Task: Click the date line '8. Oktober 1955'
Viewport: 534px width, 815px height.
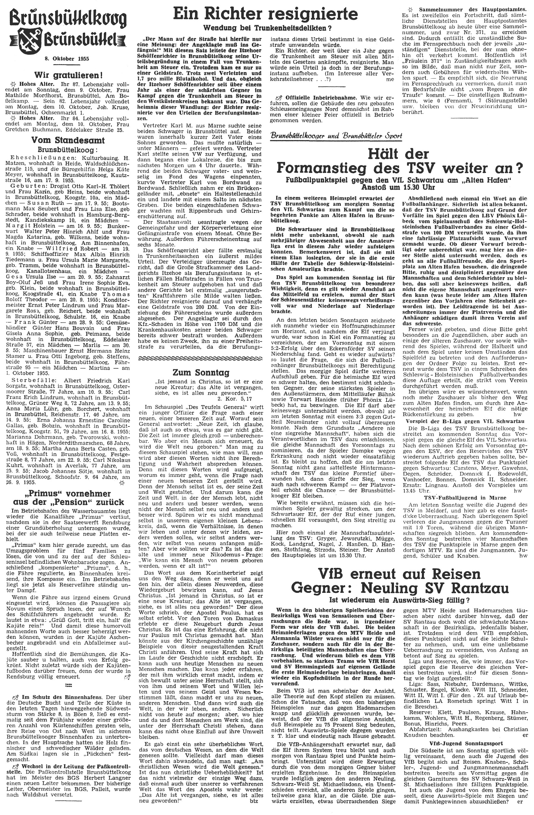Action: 66,58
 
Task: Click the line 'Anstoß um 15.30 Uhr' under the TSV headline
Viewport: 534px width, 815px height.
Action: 399,187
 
